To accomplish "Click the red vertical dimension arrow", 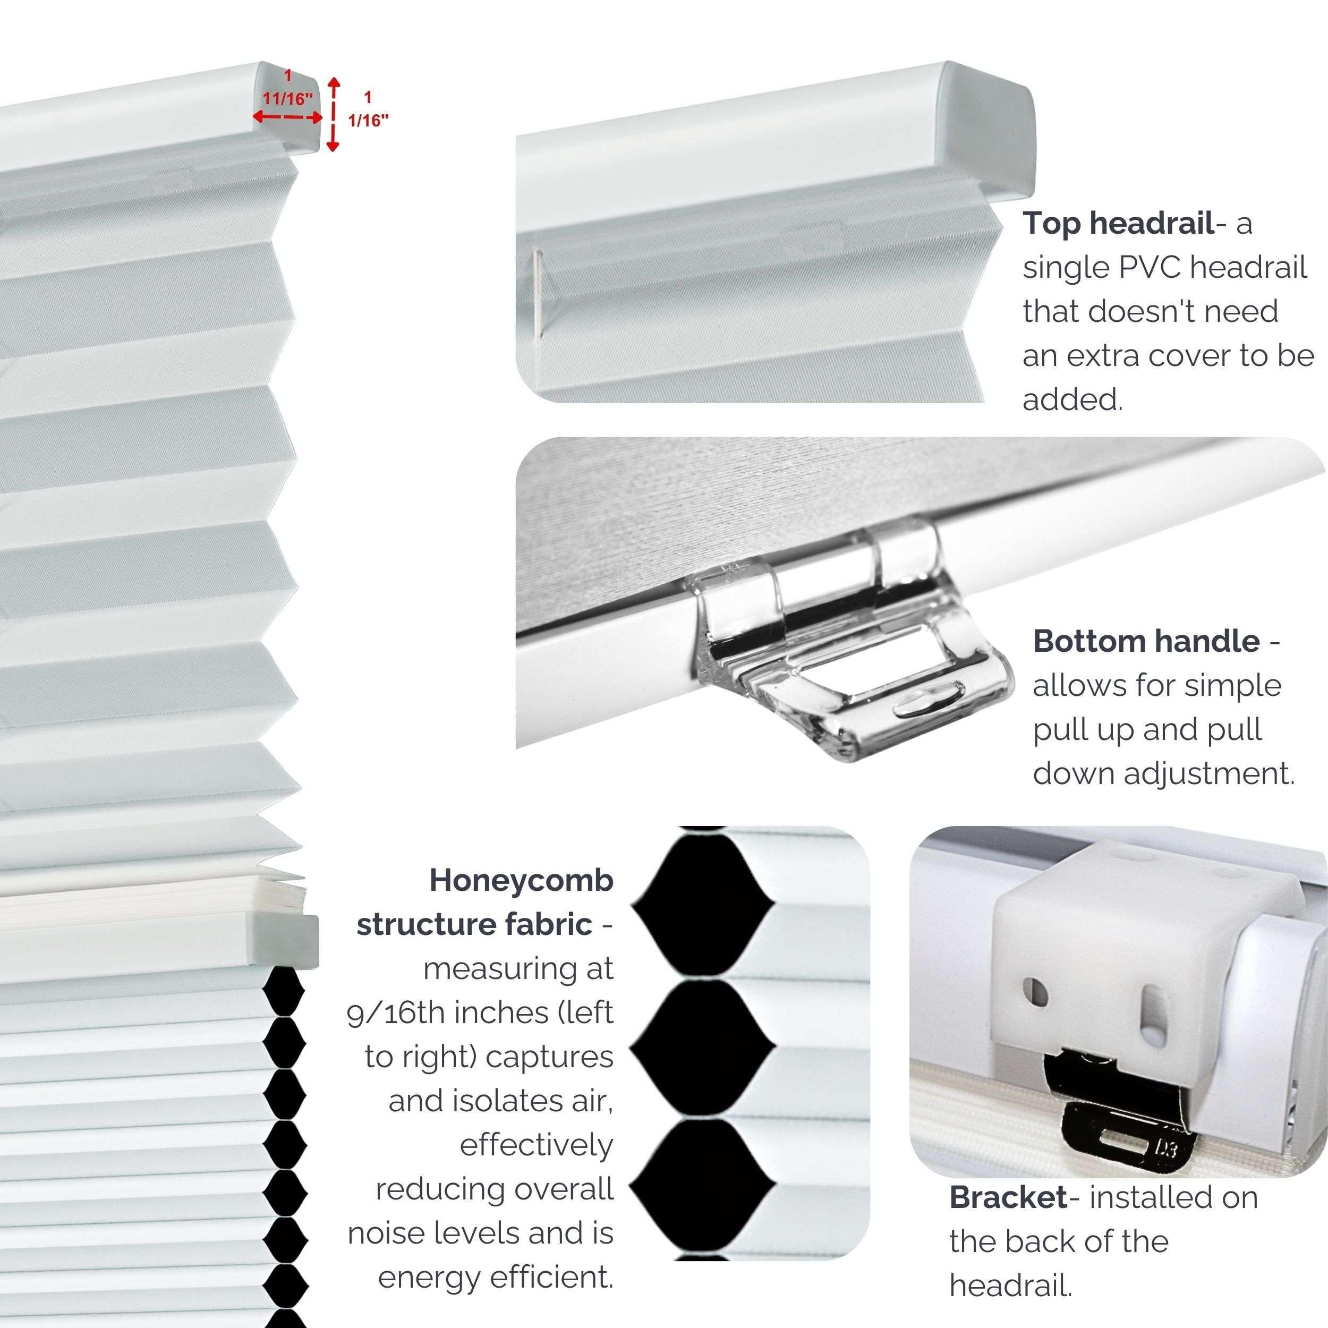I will coord(334,114).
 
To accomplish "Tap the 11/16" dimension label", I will coord(287,98).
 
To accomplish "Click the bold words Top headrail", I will coord(1118,224).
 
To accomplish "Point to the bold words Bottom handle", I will coord(1146,641).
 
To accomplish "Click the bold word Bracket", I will coord(1008,1198).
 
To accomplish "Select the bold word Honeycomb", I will coord(521,881).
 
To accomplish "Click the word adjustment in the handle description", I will coord(1209,774).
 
